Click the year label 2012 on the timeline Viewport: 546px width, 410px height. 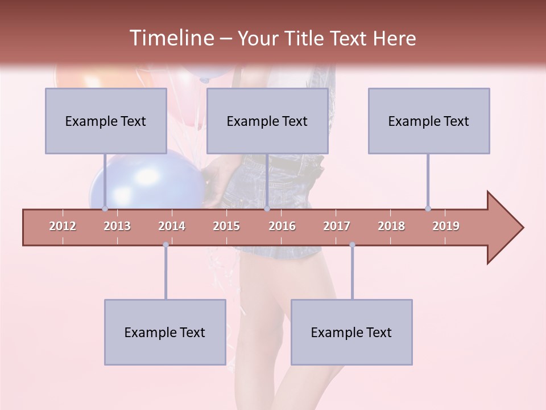tap(63, 226)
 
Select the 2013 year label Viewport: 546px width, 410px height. tap(117, 226)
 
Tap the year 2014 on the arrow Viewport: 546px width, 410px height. tap(172, 226)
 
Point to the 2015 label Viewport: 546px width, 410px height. tap(226, 226)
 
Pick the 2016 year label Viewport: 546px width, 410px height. tap(282, 226)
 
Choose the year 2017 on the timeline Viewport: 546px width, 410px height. tap(337, 226)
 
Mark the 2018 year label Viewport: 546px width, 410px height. tap(391, 226)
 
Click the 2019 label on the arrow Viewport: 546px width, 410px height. tap(446, 226)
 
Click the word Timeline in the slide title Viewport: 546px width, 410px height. tap(171, 38)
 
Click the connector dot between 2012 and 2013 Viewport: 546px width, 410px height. tap(105, 208)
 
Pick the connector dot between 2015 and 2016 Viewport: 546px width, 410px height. tap(267, 208)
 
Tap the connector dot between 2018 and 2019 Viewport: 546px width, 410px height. tap(428, 208)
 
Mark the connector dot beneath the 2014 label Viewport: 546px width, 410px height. tap(166, 245)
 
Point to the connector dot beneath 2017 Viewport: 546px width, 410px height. tap(352, 245)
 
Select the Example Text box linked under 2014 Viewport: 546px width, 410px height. tap(165, 332)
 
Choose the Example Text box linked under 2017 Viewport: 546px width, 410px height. tap(351, 332)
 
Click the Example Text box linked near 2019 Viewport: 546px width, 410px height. tap(429, 121)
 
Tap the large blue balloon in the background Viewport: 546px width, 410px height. tap(148, 179)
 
